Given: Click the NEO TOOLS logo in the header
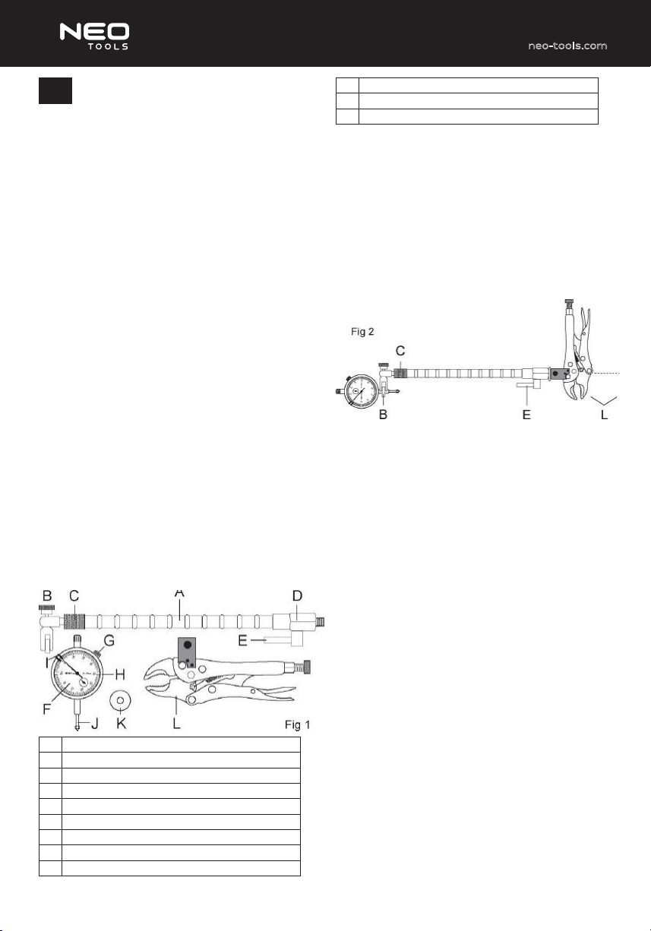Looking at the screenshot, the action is point(94,36).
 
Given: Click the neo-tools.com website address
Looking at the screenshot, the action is point(567,46).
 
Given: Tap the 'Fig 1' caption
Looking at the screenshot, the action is point(297,725).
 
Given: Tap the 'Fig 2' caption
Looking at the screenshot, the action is point(362,332).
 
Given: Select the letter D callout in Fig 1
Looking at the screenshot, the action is point(297,596).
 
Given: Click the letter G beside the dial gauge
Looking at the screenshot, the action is point(109,640).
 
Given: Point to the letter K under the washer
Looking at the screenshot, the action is point(121,724).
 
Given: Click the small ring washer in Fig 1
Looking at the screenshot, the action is point(120,700).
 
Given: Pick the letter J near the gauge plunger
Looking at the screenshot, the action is point(95,724).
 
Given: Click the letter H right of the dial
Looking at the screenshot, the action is point(120,674).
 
